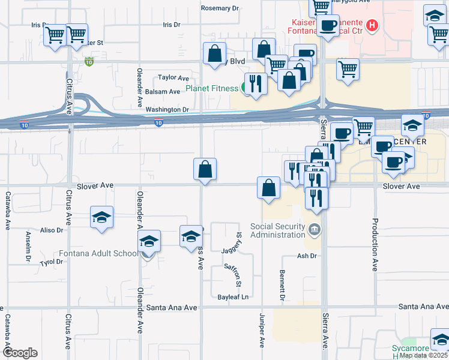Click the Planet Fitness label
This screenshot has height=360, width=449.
pyautogui.click(x=211, y=89)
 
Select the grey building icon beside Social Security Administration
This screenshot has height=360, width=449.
pyautogui.click(x=315, y=229)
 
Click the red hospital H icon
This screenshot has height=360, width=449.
pyautogui.click(x=373, y=25)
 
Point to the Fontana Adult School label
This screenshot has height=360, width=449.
pyautogui.click(x=98, y=253)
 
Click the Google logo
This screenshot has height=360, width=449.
pyautogui.click(x=20, y=353)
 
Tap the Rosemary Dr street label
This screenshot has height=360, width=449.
pyautogui.click(x=220, y=8)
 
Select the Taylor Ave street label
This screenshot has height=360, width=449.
pyautogui.click(x=173, y=78)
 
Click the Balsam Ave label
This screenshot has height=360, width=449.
pyautogui.click(x=163, y=92)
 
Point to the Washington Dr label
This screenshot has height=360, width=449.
pyautogui.click(x=167, y=110)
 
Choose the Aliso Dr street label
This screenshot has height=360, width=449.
pyautogui.click(x=51, y=230)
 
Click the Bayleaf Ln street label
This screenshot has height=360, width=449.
pyautogui.click(x=233, y=297)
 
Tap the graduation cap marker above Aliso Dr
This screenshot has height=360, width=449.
pyautogui.click(x=102, y=217)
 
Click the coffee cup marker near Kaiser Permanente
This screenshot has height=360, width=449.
pyautogui.click(x=328, y=26)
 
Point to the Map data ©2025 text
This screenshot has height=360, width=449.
pyautogui.click(x=423, y=355)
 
